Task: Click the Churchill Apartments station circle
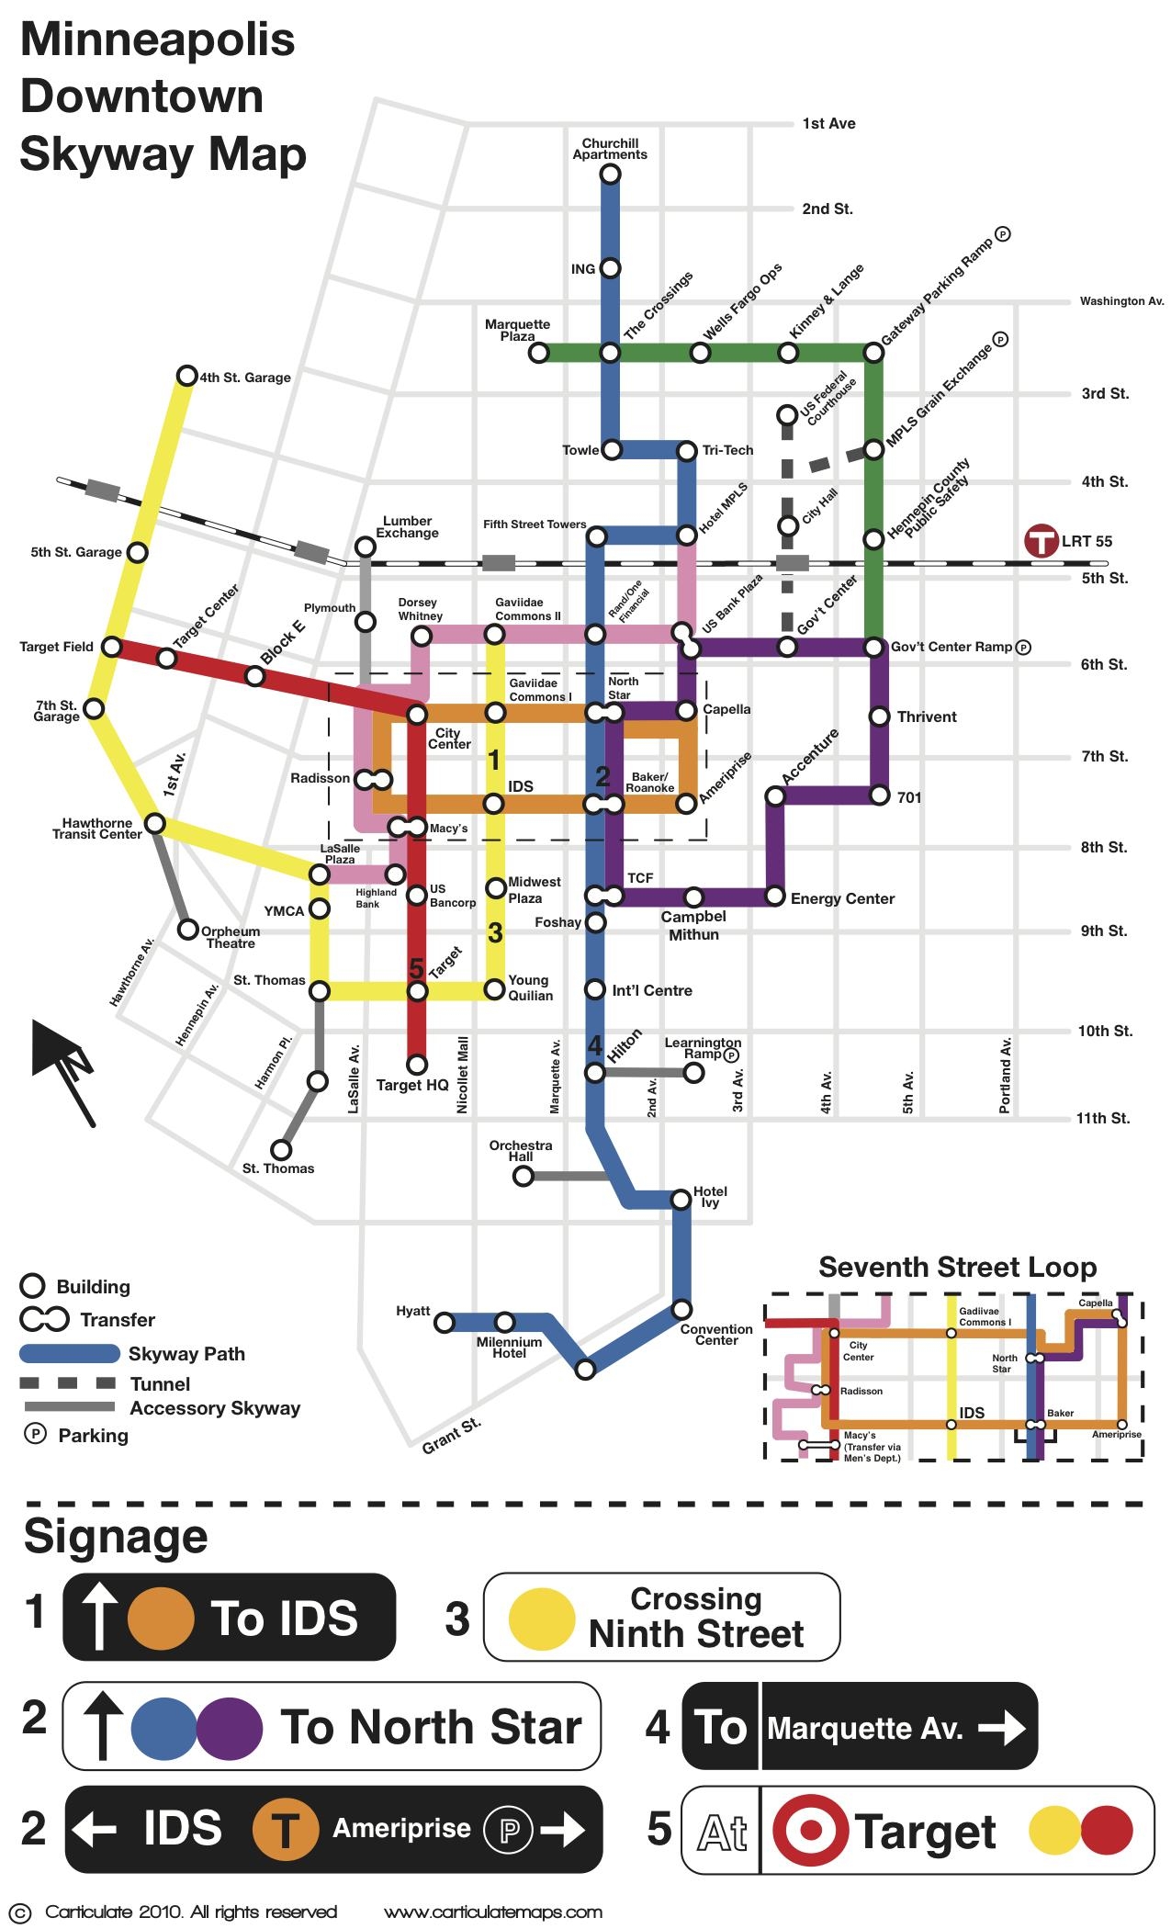pyautogui.click(x=610, y=173)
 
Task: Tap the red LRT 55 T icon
pyautogui.click(x=1042, y=540)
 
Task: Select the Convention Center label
pyautogui.click(x=716, y=1335)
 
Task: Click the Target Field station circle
pyautogui.click(x=111, y=647)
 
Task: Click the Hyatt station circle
pyautogui.click(x=445, y=1323)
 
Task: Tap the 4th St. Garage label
pyautogui.click(x=245, y=378)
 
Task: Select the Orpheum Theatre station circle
pyautogui.click(x=187, y=930)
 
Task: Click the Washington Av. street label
pyautogui.click(x=1121, y=301)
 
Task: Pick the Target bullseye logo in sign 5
pyautogui.click(x=811, y=1829)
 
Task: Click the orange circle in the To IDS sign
pyautogui.click(x=161, y=1618)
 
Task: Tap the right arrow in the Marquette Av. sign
pyautogui.click(x=1002, y=1729)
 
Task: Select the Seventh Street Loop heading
pyautogui.click(x=957, y=1268)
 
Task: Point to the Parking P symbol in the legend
pyautogui.click(x=35, y=1434)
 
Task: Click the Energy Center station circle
pyautogui.click(x=775, y=896)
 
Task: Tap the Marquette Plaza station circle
pyautogui.click(x=539, y=353)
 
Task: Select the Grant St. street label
pyautogui.click(x=452, y=1437)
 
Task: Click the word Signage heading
pyautogui.click(x=116, y=1537)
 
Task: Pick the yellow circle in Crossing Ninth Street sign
pyautogui.click(x=542, y=1619)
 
